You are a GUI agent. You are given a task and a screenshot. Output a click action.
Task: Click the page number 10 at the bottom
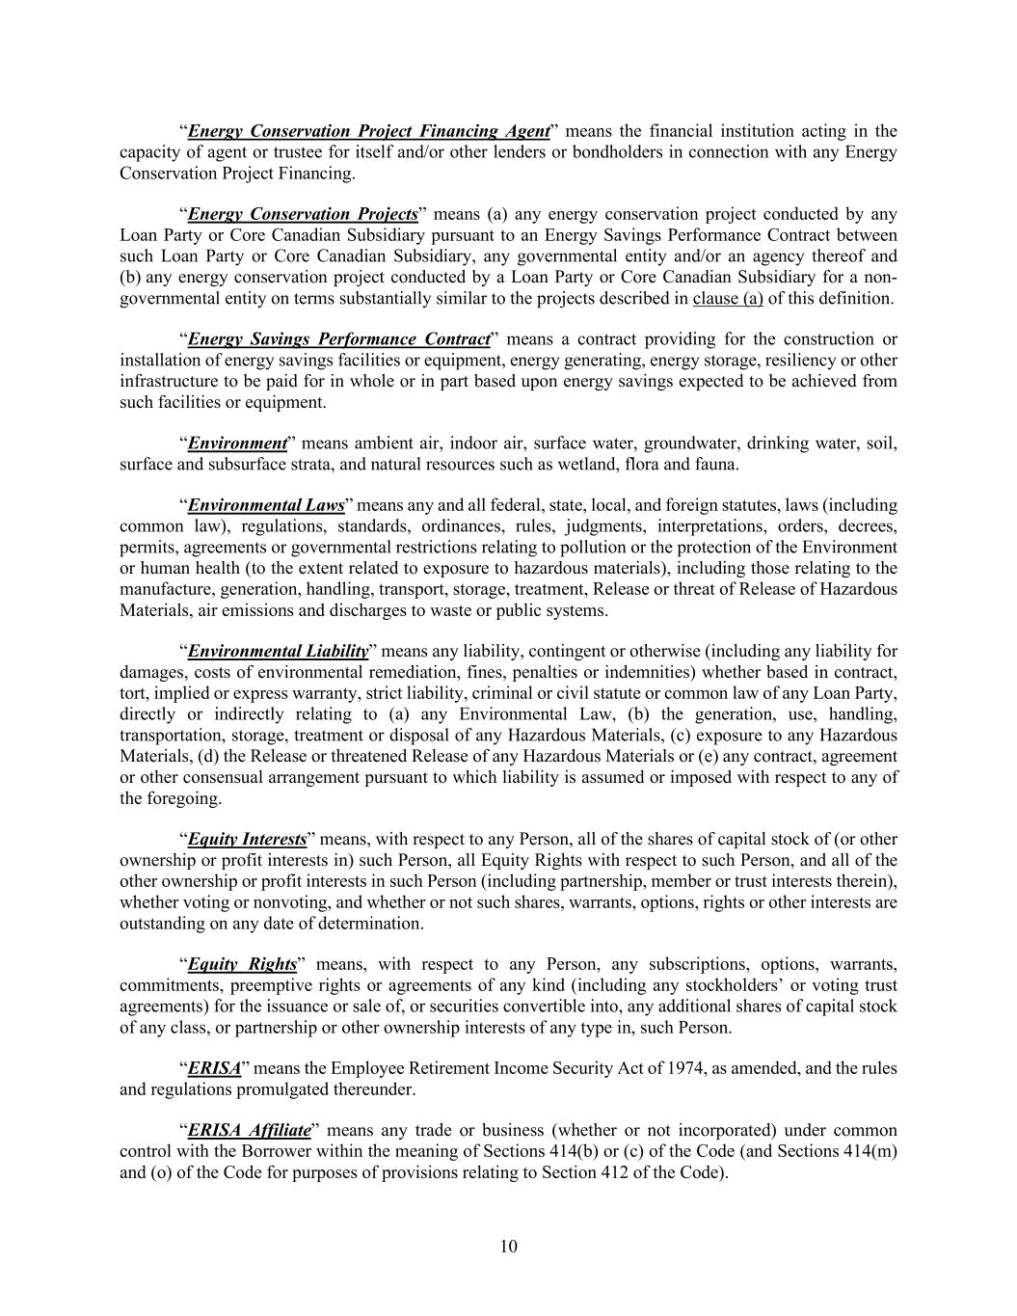[x=509, y=1247]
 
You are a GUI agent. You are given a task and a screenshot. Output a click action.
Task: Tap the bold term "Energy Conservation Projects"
[x=303, y=214]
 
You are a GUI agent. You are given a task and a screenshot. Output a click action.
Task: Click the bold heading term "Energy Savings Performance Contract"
[x=338, y=339]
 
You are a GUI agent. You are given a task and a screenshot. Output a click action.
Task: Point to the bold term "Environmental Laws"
[x=266, y=505]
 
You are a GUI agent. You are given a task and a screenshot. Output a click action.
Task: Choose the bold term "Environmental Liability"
[x=278, y=651]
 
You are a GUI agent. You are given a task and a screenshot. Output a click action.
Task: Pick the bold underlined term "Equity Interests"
[x=247, y=839]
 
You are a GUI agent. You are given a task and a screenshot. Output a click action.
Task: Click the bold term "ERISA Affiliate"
[x=249, y=1130]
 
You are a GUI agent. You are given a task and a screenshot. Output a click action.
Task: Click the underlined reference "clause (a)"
[x=728, y=298]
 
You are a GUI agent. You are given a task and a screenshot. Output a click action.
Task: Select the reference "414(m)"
[x=871, y=1151]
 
